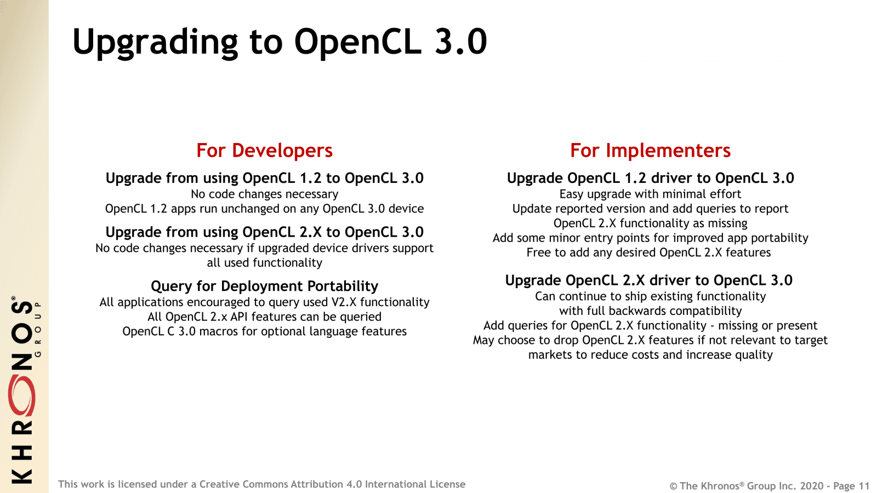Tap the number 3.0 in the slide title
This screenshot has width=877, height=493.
[x=460, y=42]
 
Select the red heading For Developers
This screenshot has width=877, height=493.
[x=264, y=150]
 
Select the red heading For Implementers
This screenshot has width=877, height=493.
[x=650, y=150]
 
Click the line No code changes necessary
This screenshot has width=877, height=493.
[x=264, y=194]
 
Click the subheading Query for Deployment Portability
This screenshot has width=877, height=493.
[x=264, y=286]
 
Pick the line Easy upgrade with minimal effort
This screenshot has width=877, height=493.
[x=650, y=194]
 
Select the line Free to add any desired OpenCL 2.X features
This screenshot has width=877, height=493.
[x=648, y=253]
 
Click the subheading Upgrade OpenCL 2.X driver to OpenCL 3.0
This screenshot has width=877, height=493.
[x=648, y=280]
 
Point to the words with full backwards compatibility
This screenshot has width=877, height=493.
[x=650, y=311]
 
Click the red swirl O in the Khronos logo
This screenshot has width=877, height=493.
[x=22, y=395]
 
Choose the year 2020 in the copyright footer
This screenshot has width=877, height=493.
[x=811, y=486]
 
